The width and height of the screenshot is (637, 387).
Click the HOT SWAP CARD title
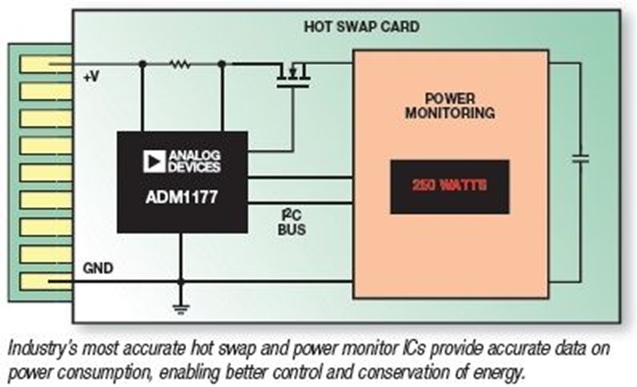tap(361, 27)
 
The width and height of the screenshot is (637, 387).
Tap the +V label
tap(91, 78)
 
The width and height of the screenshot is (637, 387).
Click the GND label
tap(96, 269)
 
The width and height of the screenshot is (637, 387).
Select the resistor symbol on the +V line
tap(180, 64)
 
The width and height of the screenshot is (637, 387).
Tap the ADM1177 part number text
tap(183, 197)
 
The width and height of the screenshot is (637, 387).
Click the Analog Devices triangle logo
tap(154, 161)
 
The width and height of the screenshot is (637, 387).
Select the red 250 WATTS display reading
tap(449, 186)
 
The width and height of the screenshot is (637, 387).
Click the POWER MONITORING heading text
tap(449, 105)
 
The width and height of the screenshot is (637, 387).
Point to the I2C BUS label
tap(291, 222)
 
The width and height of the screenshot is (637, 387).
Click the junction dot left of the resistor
tap(142, 64)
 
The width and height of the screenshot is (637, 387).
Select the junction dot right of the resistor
tap(222, 64)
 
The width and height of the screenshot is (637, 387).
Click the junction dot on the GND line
tap(181, 282)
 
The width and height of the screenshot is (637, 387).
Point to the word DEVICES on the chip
tap(194, 167)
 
